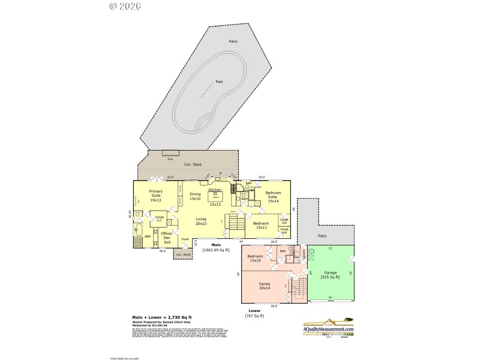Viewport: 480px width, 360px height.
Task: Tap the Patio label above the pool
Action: pos(233,41)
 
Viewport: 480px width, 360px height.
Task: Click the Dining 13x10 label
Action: pos(195,196)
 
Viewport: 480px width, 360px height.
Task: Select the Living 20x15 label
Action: pos(201,221)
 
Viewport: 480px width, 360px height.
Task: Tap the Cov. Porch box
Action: pos(182,254)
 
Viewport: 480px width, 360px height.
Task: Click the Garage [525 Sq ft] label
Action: pos(330,275)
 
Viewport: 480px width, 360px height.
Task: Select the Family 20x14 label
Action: pos(265,286)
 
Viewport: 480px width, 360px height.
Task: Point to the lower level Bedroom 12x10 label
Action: pos(256,259)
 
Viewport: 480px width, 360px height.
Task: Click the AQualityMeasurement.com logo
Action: pos(328,327)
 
